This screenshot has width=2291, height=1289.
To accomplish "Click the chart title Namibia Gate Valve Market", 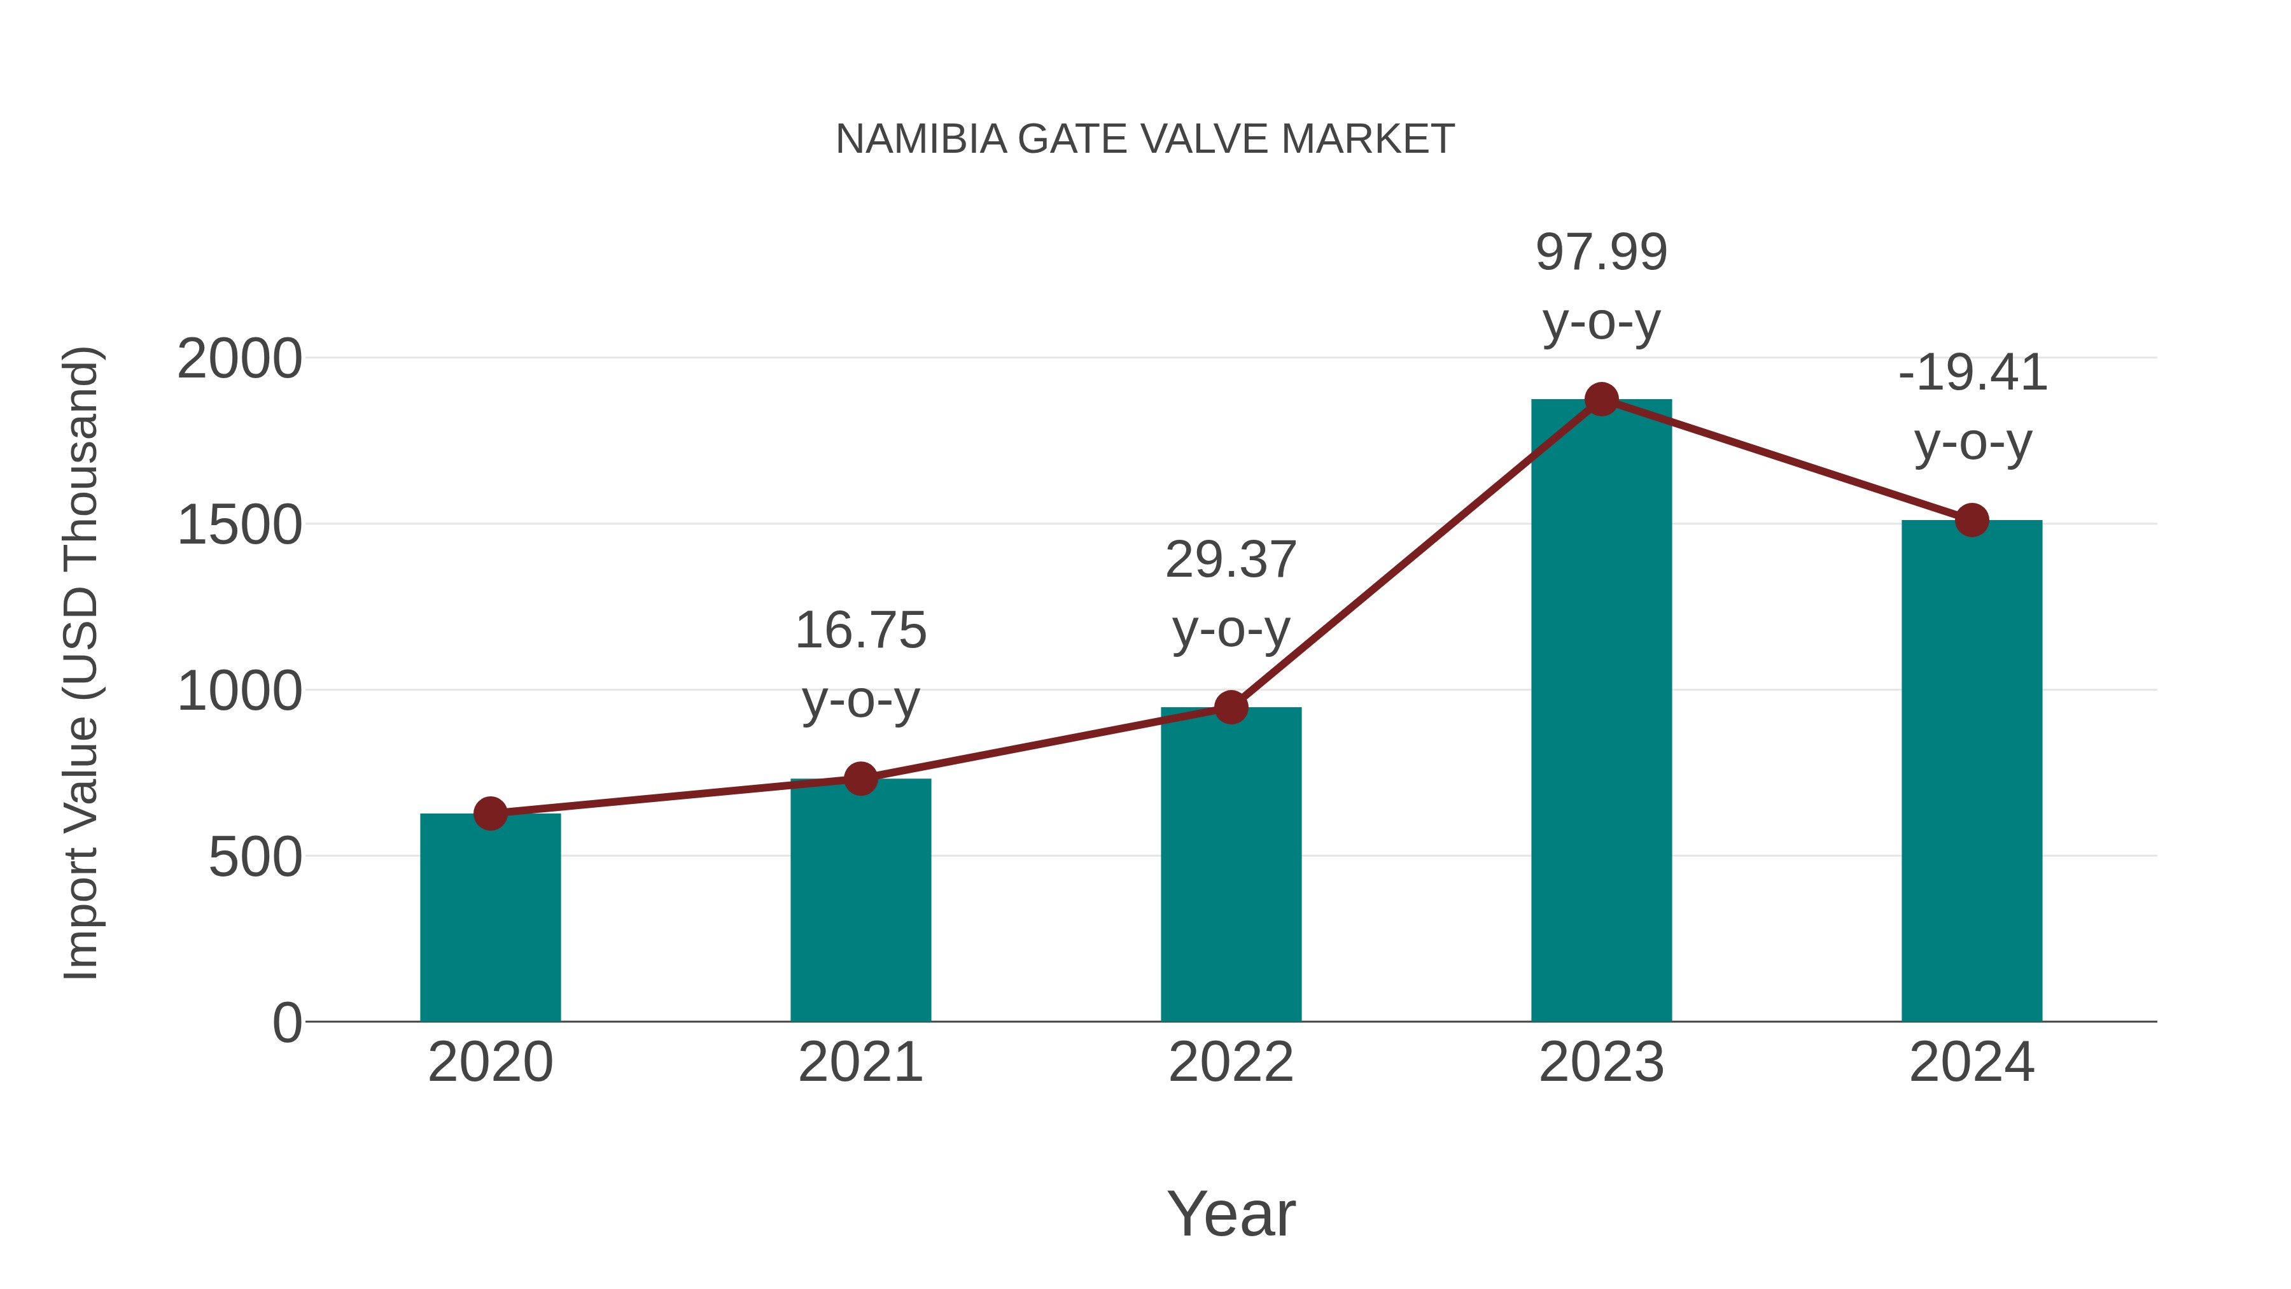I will [1145, 139].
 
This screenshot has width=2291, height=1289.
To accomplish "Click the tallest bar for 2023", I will [1601, 712].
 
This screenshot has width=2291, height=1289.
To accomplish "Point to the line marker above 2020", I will [490, 813].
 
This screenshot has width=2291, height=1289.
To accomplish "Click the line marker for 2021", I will [860, 778].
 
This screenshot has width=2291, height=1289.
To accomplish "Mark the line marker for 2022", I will [1231, 707].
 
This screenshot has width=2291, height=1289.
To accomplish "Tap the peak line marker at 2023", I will [1601, 399].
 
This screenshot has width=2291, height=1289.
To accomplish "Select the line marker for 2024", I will [1972, 519].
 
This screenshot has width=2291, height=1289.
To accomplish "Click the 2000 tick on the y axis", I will [239, 360].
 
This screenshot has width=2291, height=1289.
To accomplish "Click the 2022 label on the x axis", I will [1231, 1062].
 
